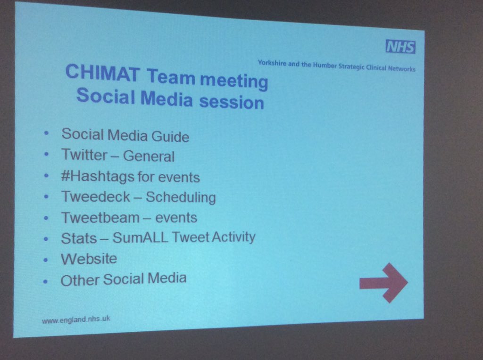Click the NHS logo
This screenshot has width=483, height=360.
(400, 47)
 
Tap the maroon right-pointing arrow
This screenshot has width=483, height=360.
(383, 283)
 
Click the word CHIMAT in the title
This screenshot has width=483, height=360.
(102, 73)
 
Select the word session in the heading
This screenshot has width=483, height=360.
(232, 102)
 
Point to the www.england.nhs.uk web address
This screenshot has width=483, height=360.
(76, 319)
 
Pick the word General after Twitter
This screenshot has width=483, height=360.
(149, 156)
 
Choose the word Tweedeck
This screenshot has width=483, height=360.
(96, 196)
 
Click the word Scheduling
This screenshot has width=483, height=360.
(181, 197)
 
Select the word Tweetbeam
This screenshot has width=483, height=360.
(100, 218)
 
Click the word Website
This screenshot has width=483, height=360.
(89, 259)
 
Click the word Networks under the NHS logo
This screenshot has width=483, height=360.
(402, 69)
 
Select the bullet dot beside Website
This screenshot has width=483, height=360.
(46, 260)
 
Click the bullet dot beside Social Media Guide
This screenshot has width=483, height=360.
(47, 133)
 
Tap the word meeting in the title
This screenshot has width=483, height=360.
(234, 81)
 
